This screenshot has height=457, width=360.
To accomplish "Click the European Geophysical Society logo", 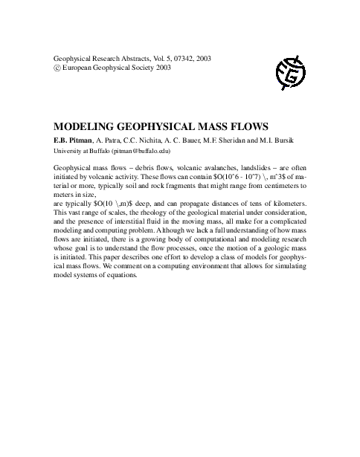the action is [x=291, y=71].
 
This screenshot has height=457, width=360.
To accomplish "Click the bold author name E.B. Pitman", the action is [x=73, y=139].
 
